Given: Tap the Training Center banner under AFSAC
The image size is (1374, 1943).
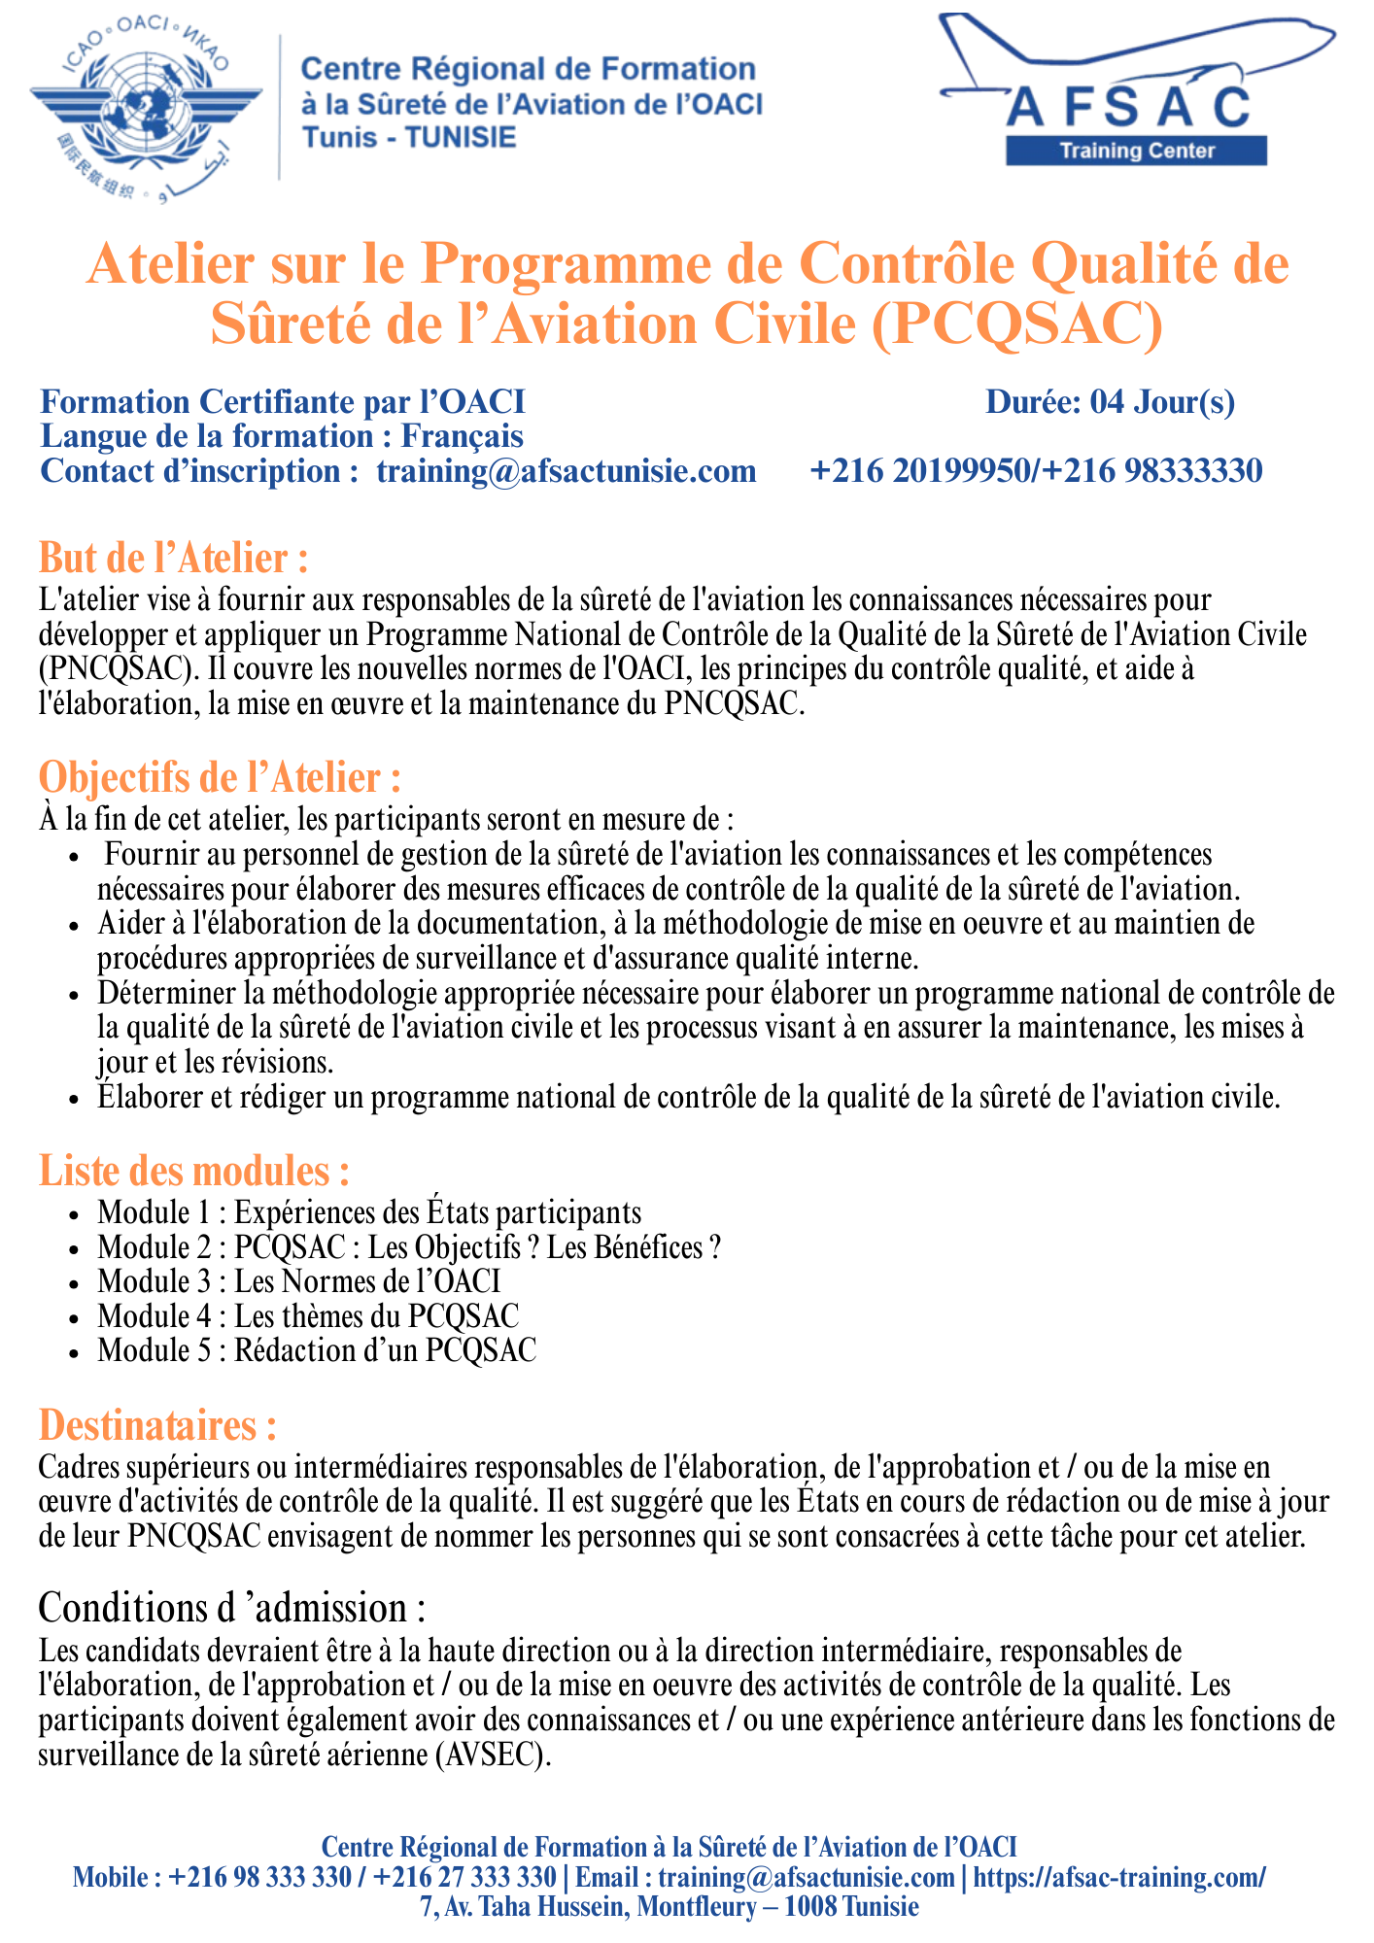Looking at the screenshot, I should pos(1136,151).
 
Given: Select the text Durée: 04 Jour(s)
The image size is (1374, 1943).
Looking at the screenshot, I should pos(1110,402).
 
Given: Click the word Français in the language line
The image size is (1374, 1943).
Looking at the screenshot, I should pos(463,436).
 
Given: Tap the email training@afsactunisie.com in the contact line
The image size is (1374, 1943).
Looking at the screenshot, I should pos(567,471).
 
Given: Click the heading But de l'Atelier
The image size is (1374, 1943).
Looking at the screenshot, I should pos(174,559).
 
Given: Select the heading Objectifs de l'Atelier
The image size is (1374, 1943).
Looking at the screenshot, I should pos(220,778).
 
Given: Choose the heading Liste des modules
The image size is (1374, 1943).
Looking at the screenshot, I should pos(193,1171).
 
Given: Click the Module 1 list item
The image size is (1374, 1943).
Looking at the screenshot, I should pos(369,1212).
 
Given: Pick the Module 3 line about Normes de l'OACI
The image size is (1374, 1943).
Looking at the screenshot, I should pos(299,1281).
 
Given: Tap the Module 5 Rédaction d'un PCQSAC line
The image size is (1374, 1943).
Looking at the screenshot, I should pos(317,1350).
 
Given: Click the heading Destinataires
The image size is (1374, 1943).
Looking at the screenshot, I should pos(157,1425).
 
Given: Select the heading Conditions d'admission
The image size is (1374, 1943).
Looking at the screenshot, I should pos(231,1609).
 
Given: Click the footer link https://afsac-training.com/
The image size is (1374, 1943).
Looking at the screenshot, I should pos(1119,1877).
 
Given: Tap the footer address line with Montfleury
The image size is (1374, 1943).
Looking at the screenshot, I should pos(670,1906).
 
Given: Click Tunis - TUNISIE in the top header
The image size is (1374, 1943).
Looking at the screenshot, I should pos(409,137).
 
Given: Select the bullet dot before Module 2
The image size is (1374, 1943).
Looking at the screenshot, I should pos(76,1249).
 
